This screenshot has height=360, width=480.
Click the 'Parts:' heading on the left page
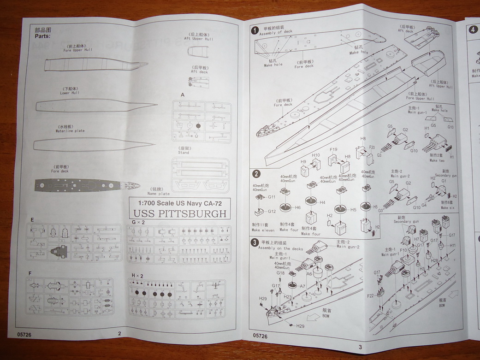pyautogui.click(x=42, y=35)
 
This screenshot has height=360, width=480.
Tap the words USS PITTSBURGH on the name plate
pyautogui.click(x=180, y=214)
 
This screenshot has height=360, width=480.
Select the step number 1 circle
pyautogui.click(x=254, y=30)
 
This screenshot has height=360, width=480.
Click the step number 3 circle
pyautogui.click(x=255, y=242)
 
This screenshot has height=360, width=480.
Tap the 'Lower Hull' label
pyautogui.click(x=70, y=93)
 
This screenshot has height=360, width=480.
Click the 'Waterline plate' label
pyautogui.click(x=71, y=131)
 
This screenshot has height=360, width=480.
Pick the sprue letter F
pyautogui.click(x=30, y=273)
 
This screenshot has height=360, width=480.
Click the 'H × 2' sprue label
pyautogui.click(x=137, y=275)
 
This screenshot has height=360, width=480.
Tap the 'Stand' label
pyautogui.click(x=183, y=153)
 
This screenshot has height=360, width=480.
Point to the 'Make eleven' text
pyautogui.click(x=263, y=230)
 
